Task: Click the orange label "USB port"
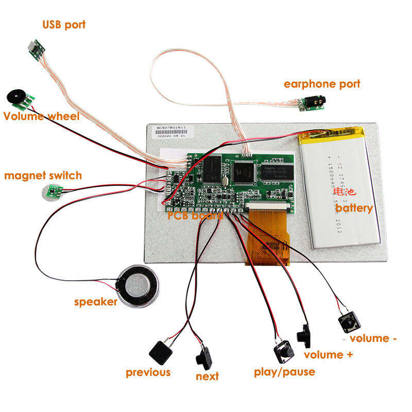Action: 64,24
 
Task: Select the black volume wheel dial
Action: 14,96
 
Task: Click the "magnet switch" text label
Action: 43,176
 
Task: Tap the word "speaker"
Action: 96,302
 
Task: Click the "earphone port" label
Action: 322,83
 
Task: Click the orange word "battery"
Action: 354,208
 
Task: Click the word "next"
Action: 207,376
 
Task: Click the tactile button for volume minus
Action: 349,323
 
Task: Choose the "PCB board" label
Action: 195,215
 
